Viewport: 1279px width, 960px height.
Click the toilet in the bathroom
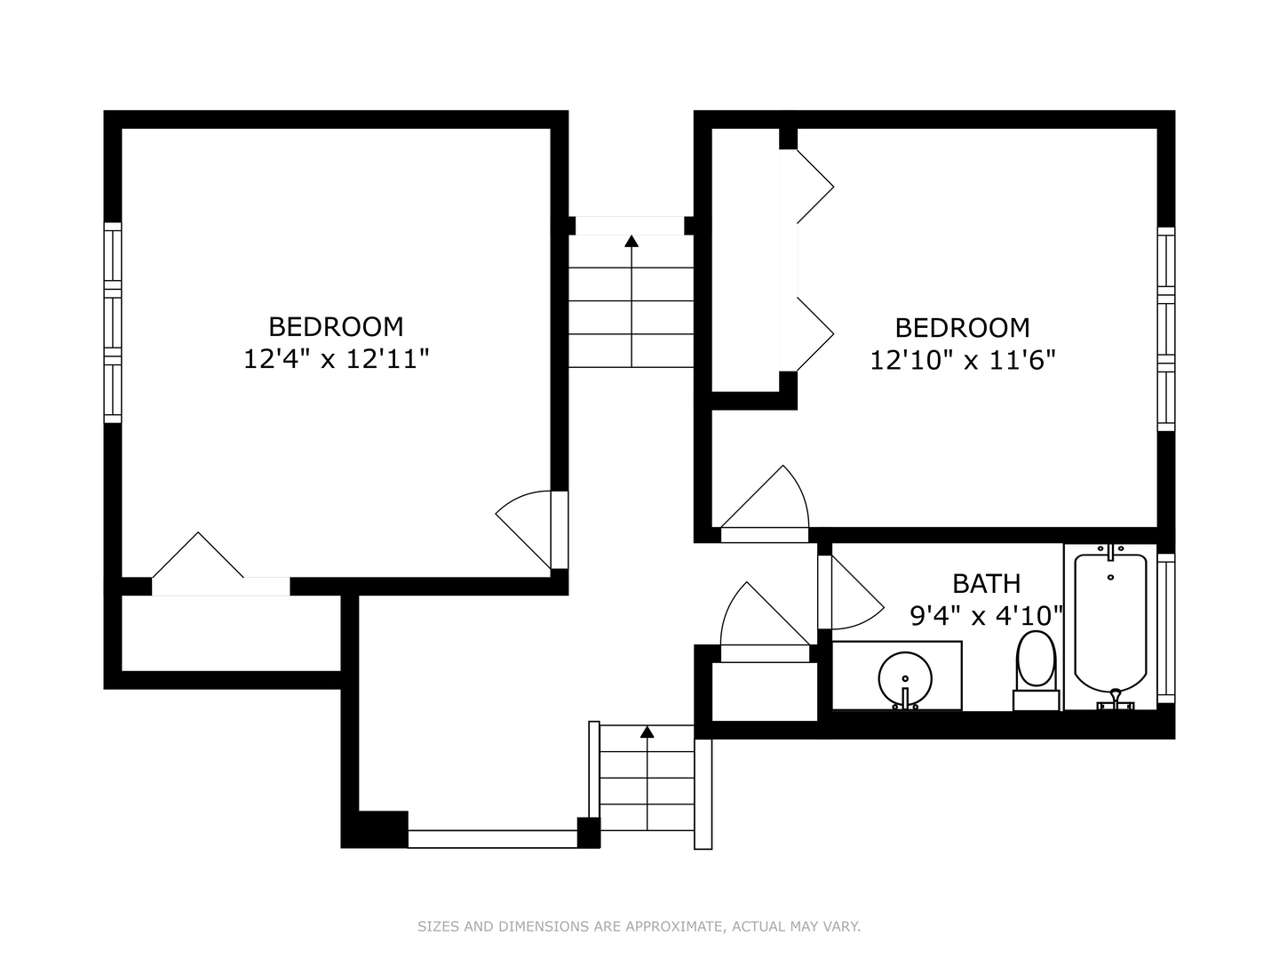pos(1036,669)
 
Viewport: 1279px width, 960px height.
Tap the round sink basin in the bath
pos(905,679)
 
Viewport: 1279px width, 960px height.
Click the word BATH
pos(987,583)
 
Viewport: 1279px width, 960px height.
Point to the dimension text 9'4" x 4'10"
pos(987,615)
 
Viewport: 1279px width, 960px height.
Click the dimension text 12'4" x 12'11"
pos(337,359)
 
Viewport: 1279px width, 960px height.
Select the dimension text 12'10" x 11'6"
pos(963,361)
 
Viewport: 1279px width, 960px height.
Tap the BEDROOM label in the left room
pos(337,327)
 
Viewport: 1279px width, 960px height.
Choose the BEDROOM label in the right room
pos(963,328)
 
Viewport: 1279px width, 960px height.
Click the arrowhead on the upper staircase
pos(632,241)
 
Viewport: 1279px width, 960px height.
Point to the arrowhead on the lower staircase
pos(647,732)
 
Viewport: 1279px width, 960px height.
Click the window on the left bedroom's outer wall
pos(113,323)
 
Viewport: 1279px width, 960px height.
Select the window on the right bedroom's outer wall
pos(1166,329)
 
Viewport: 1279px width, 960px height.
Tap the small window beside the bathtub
pos(1166,628)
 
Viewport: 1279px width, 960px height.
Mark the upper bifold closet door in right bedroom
pos(815,187)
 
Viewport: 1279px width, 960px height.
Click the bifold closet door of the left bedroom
pos(198,555)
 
